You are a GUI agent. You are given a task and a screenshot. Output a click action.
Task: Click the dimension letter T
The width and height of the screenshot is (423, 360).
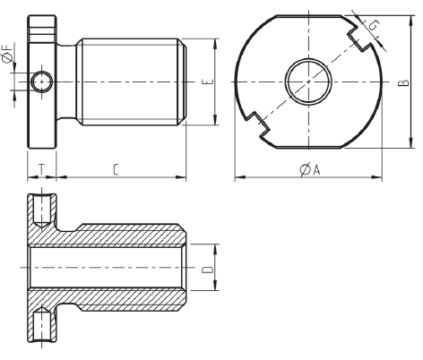coord(42,169)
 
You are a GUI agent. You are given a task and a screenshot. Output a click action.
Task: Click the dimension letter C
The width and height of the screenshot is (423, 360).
coord(117,169)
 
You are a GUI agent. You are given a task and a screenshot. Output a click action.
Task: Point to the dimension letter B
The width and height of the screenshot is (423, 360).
coord(403,82)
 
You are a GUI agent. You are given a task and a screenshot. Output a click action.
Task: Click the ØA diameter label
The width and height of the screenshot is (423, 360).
coord(310,169)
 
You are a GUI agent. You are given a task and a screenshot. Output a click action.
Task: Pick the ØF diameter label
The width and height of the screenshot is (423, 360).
coord(7,53)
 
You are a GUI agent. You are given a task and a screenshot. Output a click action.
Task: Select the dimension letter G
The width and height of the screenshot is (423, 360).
coord(374,25)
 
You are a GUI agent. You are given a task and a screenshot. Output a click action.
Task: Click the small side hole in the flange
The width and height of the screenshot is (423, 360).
coord(42,81)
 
